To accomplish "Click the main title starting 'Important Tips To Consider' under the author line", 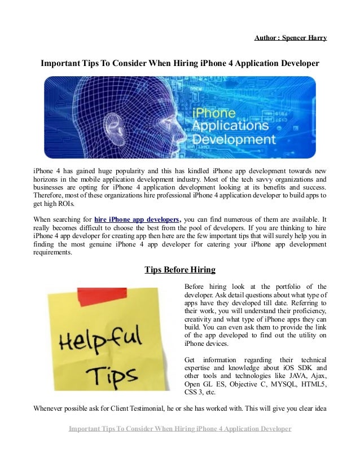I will (x=179, y=64).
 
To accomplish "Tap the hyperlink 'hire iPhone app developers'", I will (x=138, y=219).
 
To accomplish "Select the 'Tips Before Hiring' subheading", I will (x=179, y=269).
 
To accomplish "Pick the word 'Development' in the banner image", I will (x=234, y=138).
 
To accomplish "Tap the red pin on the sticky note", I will (x=94, y=295).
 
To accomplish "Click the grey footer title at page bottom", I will (x=179, y=429).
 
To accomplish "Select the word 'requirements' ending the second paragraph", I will (x=52, y=253).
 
